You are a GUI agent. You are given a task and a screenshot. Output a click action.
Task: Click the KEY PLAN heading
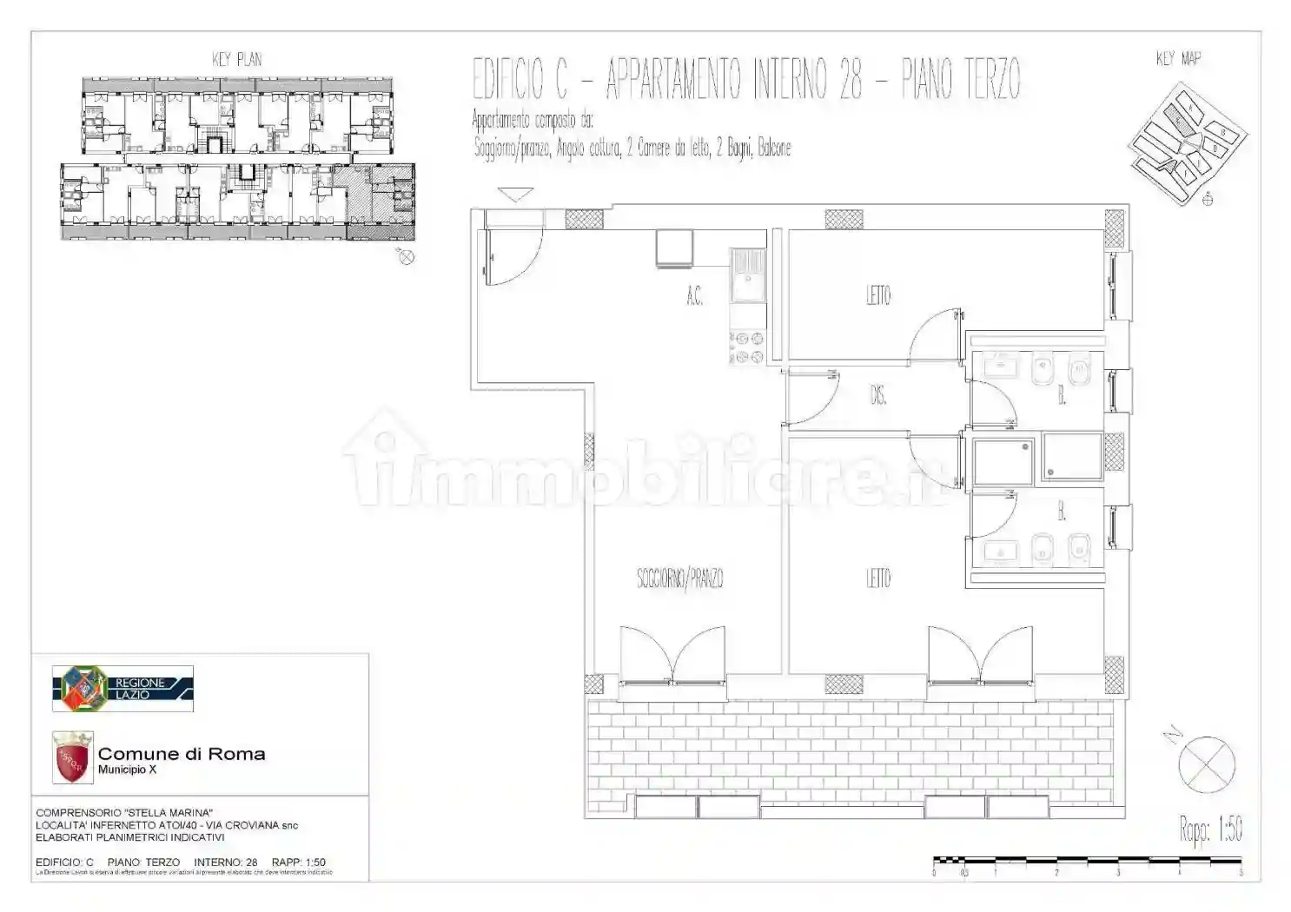[236, 59]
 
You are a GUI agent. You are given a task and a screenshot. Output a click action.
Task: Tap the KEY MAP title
[1178, 58]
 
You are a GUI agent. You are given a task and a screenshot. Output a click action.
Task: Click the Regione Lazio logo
[122, 689]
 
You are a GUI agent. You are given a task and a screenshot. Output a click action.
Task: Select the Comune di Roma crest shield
[72, 757]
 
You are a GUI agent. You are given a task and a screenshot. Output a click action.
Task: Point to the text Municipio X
[127, 770]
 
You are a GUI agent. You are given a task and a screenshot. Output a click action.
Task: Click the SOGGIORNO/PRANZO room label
[679, 578]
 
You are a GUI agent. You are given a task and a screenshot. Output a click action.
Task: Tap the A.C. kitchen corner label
[694, 297]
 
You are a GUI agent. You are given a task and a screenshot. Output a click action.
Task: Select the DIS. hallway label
[877, 396]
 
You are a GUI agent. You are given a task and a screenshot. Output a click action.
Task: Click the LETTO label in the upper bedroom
[877, 295]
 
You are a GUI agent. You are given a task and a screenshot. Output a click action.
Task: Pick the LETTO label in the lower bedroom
[877, 578]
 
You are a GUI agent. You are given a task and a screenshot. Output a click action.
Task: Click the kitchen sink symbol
[747, 274]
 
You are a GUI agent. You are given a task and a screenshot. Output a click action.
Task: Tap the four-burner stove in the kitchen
[746, 347]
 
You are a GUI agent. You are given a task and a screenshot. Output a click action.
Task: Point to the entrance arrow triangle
[515, 195]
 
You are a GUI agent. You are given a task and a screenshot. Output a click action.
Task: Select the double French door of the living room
[672, 656]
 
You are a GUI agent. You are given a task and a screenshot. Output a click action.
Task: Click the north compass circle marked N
[1206, 764]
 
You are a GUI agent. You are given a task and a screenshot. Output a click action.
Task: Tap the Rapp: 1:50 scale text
[1210, 829]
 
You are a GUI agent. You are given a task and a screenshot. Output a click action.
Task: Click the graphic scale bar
[1087, 862]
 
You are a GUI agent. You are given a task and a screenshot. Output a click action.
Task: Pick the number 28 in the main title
[851, 79]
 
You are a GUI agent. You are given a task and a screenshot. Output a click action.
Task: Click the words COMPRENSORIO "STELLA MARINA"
[124, 813]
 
